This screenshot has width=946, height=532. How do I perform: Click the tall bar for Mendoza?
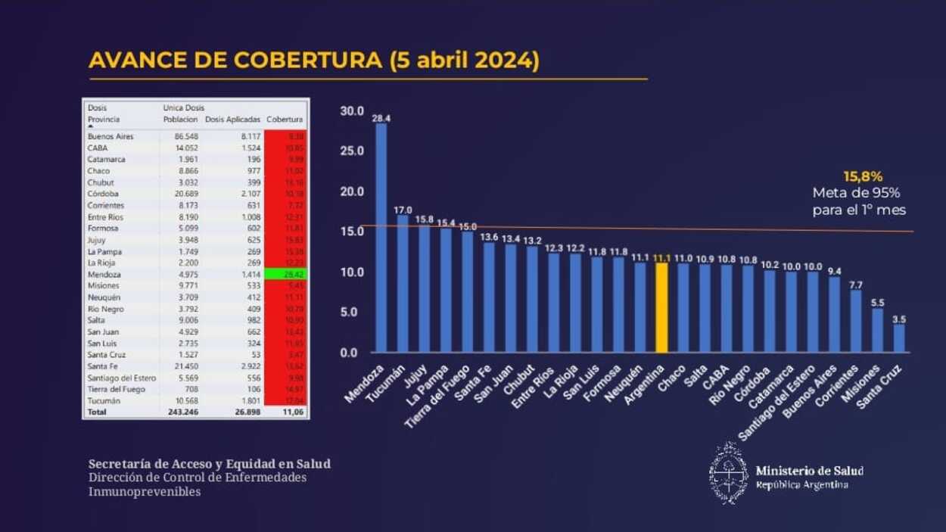[x=381, y=238]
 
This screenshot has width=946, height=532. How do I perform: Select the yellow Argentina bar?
[x=661, y=307]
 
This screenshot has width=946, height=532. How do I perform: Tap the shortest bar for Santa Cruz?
[x=898, y=338]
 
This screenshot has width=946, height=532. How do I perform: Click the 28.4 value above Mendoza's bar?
[x=381, y=118]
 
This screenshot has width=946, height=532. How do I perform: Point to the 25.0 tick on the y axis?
[x=352, y=151]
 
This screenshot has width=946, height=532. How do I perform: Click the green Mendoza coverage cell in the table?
[x=286, y=275]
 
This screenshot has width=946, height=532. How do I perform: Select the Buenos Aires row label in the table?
[x=110, y=137]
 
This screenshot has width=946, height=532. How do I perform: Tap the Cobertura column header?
[x=285, y=120]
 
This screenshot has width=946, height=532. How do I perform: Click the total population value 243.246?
[x=183, y=412]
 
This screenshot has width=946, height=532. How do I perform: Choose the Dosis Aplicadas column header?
[x=233, y=120]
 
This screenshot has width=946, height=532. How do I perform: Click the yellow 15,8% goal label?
[x=863, y=177]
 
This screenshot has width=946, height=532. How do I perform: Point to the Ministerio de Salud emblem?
[x=728, y=473]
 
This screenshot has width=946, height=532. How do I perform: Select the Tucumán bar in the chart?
[x=403, y=284]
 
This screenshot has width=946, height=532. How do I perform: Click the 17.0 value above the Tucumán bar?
[x=403, y=210]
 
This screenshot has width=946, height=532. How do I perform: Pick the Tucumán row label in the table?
[x=104, y=401]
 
